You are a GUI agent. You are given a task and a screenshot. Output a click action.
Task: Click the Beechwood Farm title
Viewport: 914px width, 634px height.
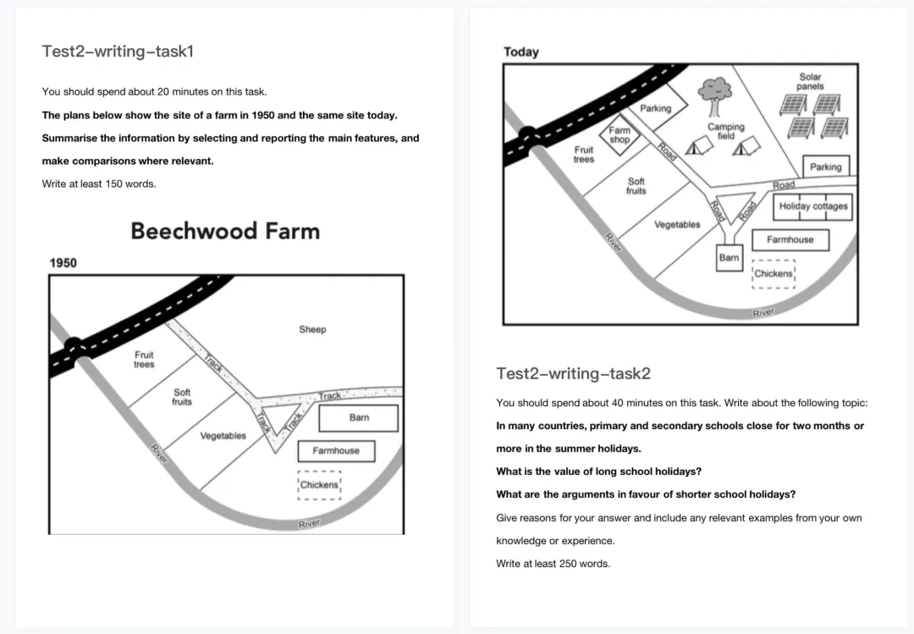point(225,231)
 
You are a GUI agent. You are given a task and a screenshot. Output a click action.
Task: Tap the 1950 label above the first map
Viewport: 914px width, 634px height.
point(63,263)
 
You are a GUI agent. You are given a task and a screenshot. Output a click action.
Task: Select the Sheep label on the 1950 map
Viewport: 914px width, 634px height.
point(312,329)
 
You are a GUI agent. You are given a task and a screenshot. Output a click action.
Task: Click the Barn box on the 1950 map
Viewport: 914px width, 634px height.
point(359,418)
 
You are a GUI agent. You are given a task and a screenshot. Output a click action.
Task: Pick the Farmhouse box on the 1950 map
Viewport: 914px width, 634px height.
point(336,451)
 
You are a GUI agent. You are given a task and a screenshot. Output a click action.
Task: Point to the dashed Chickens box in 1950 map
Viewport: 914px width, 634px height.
point(319,485)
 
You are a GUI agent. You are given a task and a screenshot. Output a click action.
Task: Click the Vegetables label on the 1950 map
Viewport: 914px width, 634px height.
point(223,436)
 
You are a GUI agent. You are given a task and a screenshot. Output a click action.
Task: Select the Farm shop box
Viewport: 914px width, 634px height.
point(620,135)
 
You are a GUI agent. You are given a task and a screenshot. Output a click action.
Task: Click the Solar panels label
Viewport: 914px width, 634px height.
point(810,81)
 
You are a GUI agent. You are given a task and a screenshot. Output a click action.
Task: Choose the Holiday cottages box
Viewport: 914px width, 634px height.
point(812,207)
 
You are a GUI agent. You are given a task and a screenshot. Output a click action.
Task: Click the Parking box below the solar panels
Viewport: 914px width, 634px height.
point(825,167)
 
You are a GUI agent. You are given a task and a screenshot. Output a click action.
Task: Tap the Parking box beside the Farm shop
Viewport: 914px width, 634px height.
point(656,108)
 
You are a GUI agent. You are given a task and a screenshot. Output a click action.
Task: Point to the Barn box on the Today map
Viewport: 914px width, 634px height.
point(729,258)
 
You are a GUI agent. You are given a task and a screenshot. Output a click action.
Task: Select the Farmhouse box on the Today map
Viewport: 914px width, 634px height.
point(790,240)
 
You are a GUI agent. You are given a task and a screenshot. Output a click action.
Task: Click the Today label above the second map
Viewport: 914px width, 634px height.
point(521,52)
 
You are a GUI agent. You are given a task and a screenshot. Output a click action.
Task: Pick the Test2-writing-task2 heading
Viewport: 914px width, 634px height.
point(573,373)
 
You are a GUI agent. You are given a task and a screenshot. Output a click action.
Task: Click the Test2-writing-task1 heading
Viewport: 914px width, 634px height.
point(118,52)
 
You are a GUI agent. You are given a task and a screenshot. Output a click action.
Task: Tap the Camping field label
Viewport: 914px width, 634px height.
point(726,131)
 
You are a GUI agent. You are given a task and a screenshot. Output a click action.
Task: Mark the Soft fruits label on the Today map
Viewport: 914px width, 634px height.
point(636,186)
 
